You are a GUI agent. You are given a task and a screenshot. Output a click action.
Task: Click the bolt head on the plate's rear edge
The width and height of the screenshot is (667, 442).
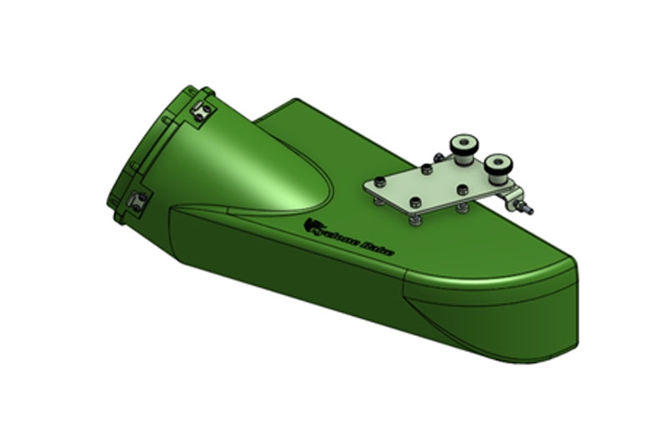coord(425,170)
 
